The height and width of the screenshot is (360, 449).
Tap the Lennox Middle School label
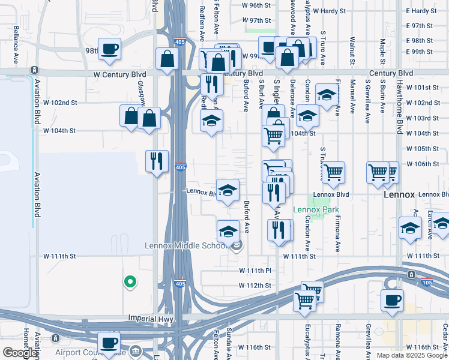tap(186, 245)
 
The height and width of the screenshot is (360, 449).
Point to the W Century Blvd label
tap(119, 74)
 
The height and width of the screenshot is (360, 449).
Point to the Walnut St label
tap(352, 50)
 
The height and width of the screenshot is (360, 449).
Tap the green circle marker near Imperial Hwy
tap(129, 281)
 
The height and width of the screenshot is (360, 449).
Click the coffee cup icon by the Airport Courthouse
tap(109, 343)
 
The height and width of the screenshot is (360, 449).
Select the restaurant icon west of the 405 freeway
tap(157, 161)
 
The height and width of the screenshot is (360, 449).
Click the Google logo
tap(20, 353)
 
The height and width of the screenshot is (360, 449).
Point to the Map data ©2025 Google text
tap(412, 356)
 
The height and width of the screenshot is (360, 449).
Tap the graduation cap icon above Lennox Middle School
tap(228, 231)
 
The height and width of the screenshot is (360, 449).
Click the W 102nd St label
tap(60, 103)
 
